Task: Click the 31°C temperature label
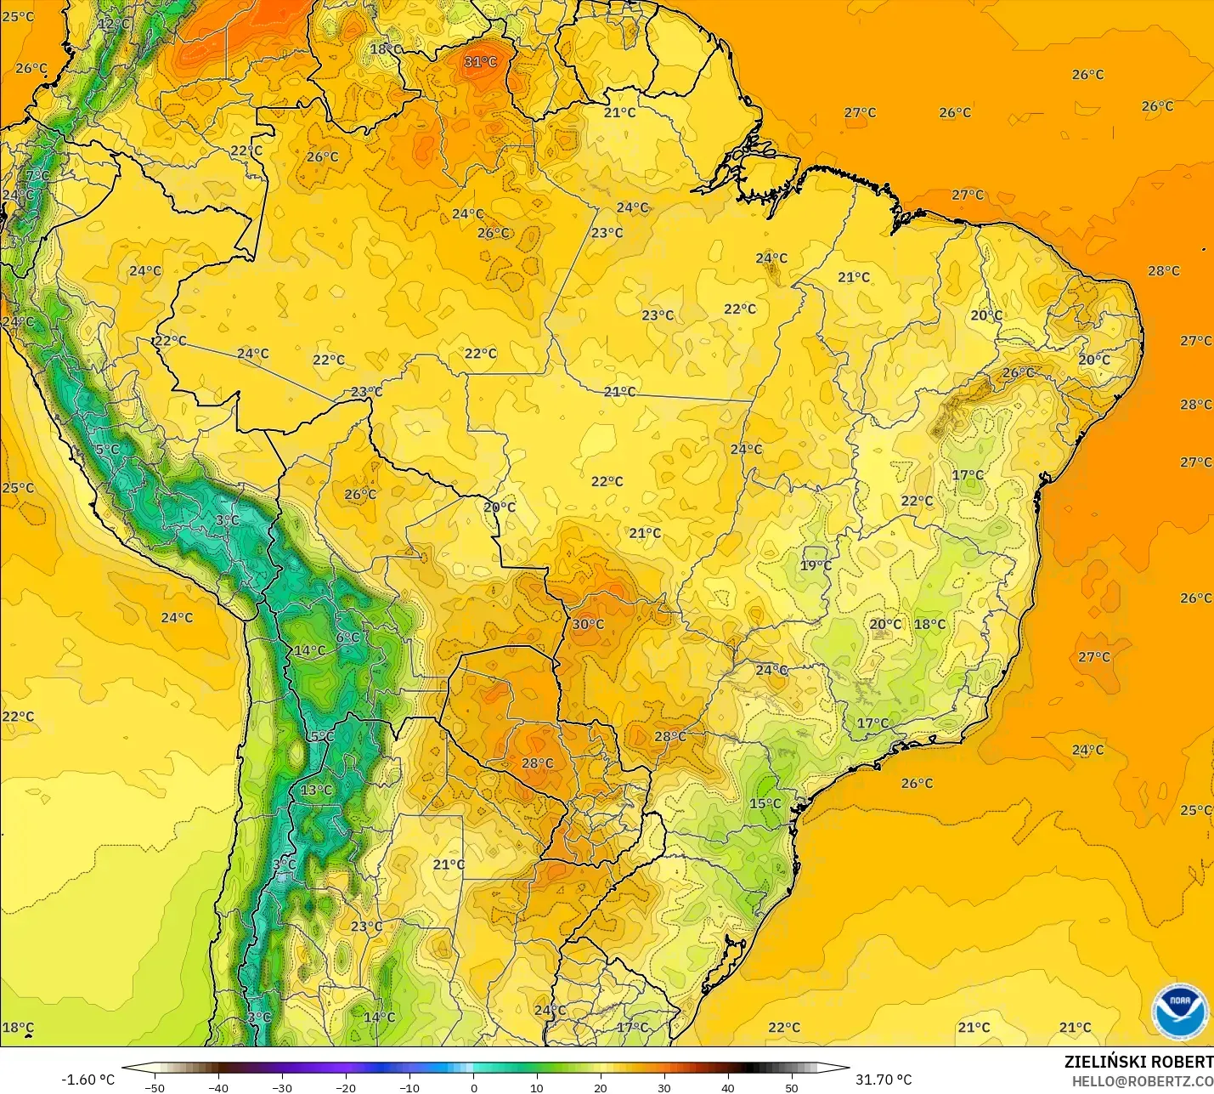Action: point(480,62)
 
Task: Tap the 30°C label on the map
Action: point(588,624)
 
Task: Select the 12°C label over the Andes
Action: point(113,24)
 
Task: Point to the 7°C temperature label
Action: point(37,176)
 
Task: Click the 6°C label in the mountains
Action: point(347,638)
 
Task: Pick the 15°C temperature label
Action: point(765,803)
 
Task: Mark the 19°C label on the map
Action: point(816,565)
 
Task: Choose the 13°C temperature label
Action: point(316,790)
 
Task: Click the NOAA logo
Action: point(1179,1011)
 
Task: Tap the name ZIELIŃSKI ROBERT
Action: point(1138,1062)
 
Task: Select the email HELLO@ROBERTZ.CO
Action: point(1142,1081)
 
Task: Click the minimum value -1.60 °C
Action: point(88,1080)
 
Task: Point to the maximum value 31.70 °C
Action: point(884,1080)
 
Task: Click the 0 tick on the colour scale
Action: point(473,1087)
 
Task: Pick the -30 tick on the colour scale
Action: point(282,1087)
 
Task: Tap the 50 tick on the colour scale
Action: point(792,1087)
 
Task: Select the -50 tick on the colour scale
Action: point(155,1087)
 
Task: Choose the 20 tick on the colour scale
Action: point(601,1087)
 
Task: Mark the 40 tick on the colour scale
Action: point(728,1087)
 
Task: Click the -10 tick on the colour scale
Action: point(409,1087)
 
